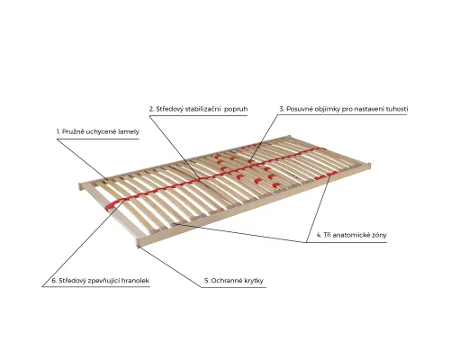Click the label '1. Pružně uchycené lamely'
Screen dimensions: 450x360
(x=98, y=131)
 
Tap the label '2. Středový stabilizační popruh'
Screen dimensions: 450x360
(x=198, y=109)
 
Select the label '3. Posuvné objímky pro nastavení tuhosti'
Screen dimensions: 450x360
(x=344, y=109)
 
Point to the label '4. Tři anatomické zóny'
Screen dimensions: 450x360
(x=352, y=235)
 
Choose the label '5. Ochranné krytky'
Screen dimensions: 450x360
(x=234, y=281)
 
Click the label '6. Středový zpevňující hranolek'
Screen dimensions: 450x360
(x=100, y=281)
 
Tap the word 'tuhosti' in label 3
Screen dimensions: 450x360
(x=396, y=109)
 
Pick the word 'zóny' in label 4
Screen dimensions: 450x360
(x=379, y=235)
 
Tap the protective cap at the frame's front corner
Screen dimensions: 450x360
(x=139, y=243)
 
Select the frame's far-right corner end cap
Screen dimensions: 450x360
(x=370, y=166)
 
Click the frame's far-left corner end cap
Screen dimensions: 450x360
(x=80, y=186)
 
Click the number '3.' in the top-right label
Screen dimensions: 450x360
(x=282, y=109)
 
